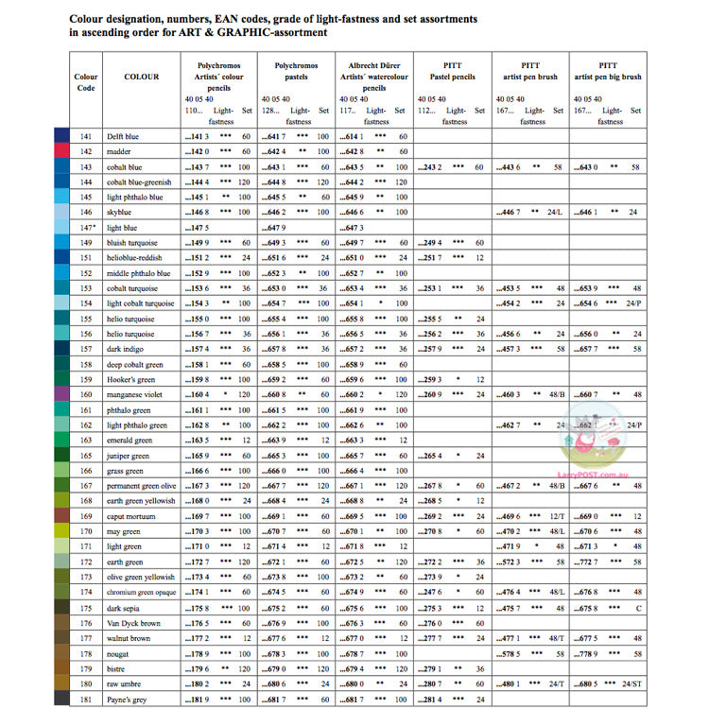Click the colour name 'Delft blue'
[x=124, y=137]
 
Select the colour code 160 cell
[x=86, y=395]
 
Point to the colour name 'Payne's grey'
[x=128, y=700]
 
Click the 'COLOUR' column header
[x=142, y=77]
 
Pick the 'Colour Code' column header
[x=86, y=82]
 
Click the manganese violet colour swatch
[x=61, y=395]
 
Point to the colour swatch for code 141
[x=61, y=137]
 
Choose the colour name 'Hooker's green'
[x=130, y=380]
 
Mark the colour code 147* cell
[x=86, y=228]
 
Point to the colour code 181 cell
[x=86, y=700]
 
